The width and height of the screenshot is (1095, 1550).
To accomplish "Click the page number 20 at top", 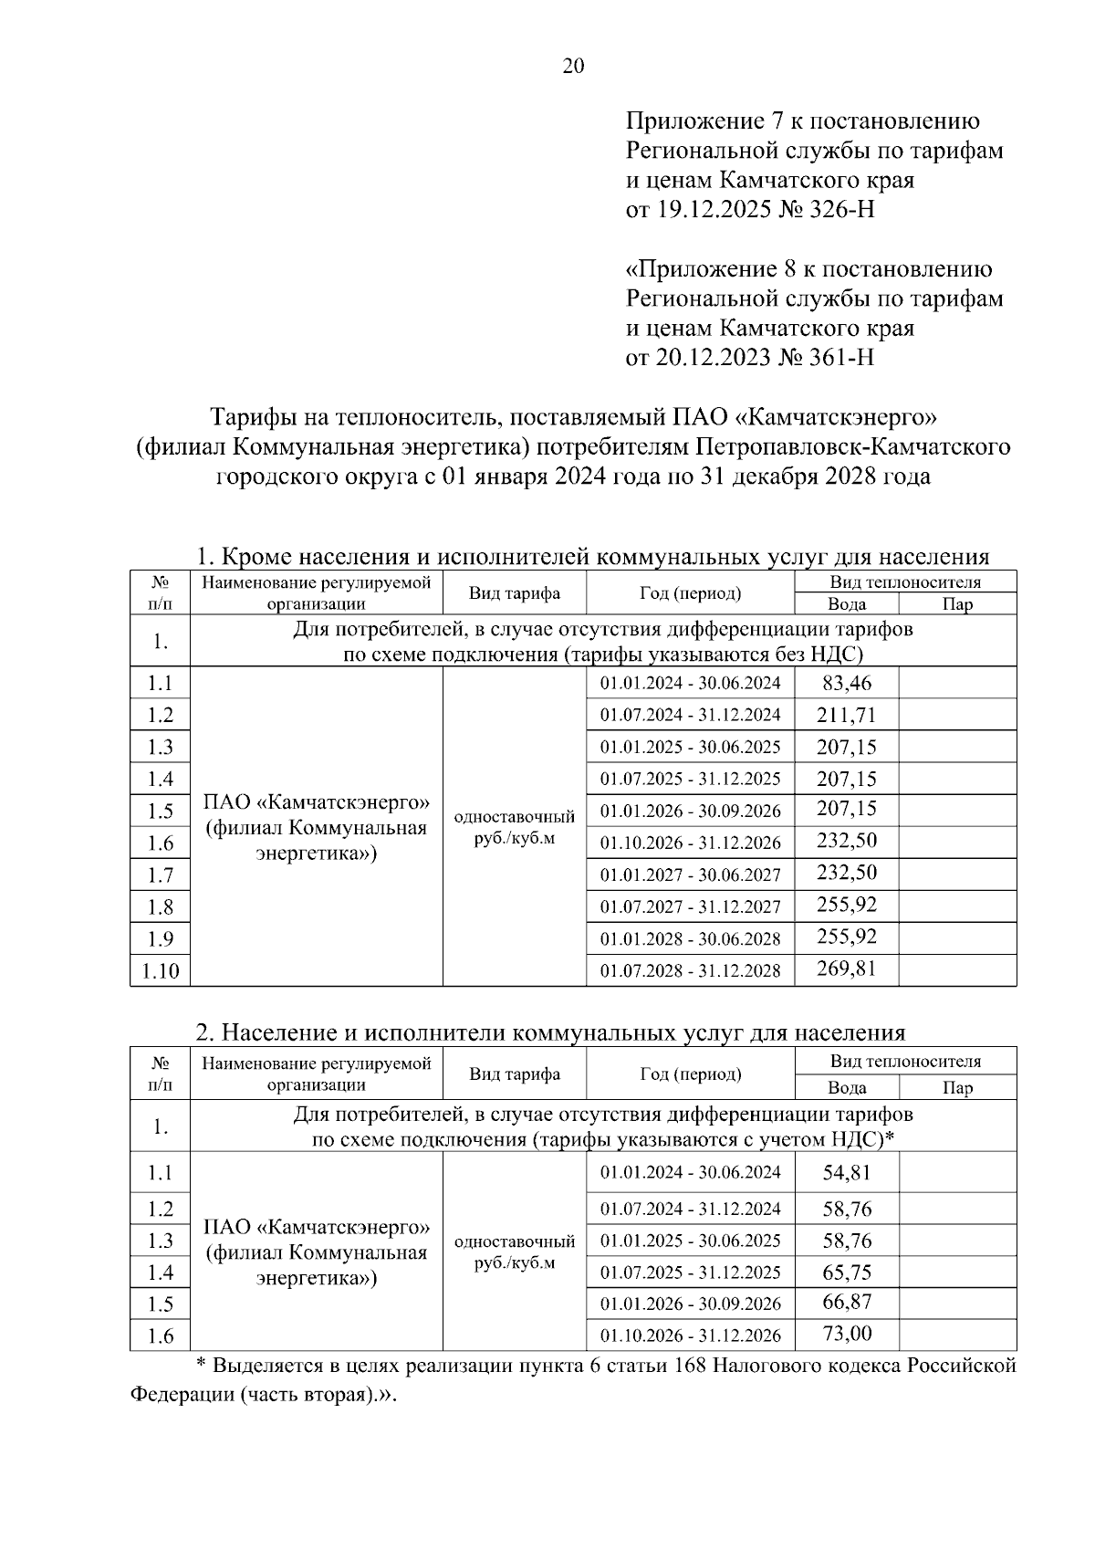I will pos(573,66).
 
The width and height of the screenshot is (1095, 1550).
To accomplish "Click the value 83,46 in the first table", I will pos(846,683).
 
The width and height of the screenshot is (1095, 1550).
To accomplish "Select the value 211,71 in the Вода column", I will pos(846,715).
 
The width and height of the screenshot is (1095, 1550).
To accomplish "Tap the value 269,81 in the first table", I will pos(846,969).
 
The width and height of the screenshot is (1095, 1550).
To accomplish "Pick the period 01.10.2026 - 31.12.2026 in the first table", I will pos(690,843).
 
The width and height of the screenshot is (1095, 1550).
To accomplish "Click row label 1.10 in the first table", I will pos(161,971).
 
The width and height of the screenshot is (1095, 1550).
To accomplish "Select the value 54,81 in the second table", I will pos(846,1173).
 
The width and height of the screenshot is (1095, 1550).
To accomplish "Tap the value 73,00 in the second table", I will pos(846,1335).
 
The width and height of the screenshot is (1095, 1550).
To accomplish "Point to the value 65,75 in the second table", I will pos(846,1272).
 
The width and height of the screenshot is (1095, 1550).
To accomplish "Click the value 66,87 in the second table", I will pos(846,1303).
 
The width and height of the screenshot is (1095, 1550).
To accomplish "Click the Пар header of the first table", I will pos(956,604).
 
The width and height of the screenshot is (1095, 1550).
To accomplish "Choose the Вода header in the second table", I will pos(846,1088).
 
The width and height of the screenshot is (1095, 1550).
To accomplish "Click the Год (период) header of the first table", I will pos(690,593).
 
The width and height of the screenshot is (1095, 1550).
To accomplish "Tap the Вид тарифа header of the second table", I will pos(515,1074).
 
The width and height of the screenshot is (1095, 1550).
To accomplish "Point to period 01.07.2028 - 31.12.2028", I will pos(690,971).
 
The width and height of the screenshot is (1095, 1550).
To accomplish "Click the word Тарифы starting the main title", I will pos(251,417).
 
